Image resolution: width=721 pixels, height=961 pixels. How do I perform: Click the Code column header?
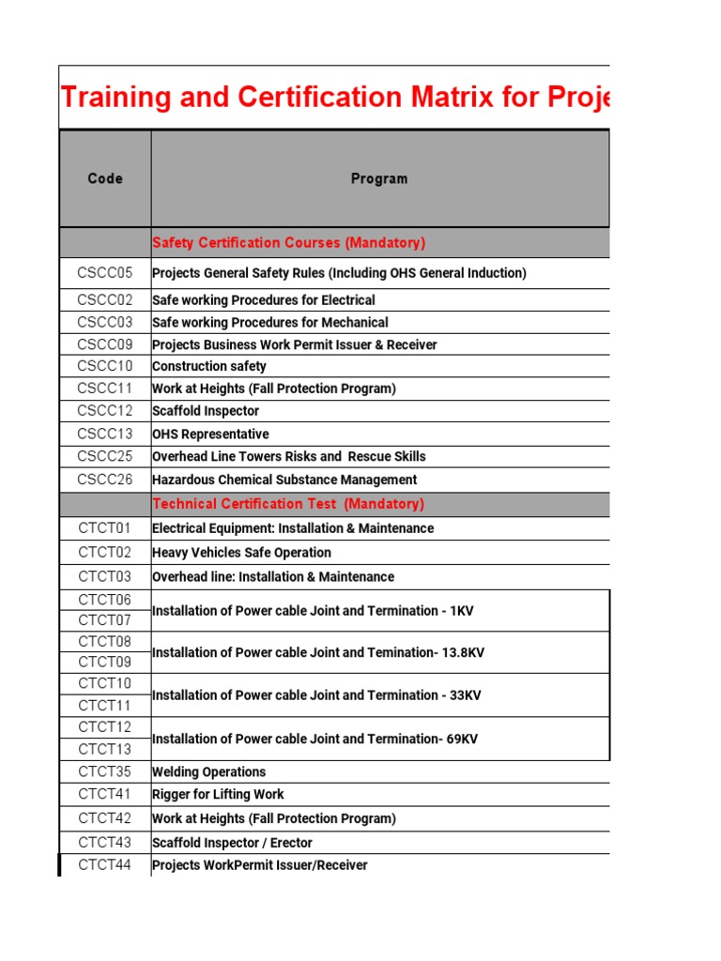click(x=105, y=178)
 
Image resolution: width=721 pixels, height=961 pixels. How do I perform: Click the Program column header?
click(x=379, y=178)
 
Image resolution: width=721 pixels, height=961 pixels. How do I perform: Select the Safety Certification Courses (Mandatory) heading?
click(x=288, y=243)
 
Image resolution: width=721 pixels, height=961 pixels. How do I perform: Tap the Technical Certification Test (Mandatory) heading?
click(x=288, y=504)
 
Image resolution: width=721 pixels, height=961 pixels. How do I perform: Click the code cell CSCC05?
click(x=105, y=273)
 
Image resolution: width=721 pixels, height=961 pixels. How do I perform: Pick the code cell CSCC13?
click(x=105, y=434)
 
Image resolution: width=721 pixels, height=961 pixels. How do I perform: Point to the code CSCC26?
click(x=105, y=480)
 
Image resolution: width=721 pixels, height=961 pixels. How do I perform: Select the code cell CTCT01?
click(x=105, y=528)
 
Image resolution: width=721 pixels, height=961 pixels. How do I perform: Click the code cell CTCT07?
click(x=105, y=620)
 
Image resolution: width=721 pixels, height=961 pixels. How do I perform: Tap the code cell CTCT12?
click(x=105, y=727)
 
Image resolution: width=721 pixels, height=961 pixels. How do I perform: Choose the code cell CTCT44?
click(x=105, y=865)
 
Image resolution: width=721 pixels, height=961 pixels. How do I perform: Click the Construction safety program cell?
click(x=209, y=366)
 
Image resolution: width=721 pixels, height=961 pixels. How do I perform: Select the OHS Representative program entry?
click(x=210, y=435)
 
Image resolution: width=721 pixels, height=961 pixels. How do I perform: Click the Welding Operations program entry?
click(x=208, y=772)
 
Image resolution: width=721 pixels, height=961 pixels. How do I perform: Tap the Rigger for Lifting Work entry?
click(x=218, y=795)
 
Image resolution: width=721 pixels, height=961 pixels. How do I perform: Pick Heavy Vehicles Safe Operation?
click(x=241, y=553)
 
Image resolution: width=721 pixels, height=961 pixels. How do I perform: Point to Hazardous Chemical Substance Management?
click(x=284, y=480)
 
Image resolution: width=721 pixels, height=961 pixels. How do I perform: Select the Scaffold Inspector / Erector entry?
click(x=232, y=843)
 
